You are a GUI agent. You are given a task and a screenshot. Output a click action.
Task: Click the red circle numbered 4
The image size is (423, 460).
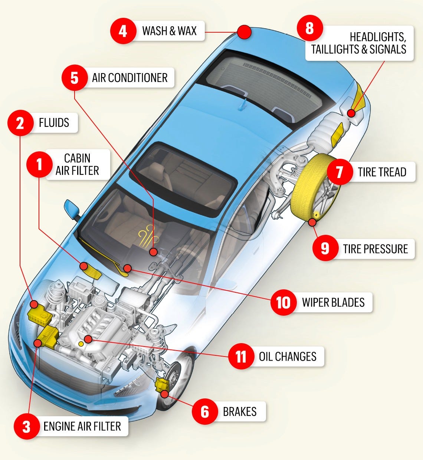pos(123,31)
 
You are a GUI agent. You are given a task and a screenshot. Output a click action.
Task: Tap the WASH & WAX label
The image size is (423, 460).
pos(169,31)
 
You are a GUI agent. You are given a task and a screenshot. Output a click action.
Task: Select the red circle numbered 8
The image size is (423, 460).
pos(310,28)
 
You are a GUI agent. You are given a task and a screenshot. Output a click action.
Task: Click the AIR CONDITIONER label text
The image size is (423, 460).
pos(130,78)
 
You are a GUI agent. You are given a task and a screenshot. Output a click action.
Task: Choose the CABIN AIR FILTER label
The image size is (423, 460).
pos(77,164)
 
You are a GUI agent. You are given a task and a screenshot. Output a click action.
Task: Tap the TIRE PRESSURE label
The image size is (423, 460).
pos(375,249)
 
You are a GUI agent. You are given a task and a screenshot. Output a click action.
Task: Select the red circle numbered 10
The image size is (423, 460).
pos(283,302)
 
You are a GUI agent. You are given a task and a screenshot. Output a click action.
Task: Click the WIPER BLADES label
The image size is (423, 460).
pos(333,302)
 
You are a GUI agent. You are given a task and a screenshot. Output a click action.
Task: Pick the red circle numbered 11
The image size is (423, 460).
pos(241,356)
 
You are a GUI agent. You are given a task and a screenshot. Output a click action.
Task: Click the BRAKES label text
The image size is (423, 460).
pos(240,412)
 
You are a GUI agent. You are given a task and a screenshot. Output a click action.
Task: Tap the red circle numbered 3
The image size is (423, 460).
pos(26,427)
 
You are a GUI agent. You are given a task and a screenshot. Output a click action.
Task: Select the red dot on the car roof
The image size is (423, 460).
pos(244,32)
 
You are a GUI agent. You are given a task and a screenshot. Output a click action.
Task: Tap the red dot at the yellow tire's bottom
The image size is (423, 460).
pos(312,223)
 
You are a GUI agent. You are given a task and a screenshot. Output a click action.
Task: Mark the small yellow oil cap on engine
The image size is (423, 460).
pos(81,344)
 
